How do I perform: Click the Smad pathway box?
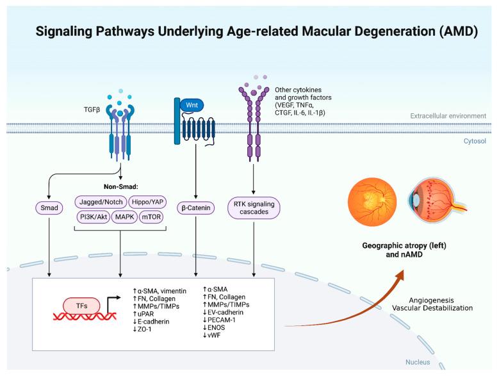(48, 208)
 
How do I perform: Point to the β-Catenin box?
(195, 208)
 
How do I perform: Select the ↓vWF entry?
(212, 334)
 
